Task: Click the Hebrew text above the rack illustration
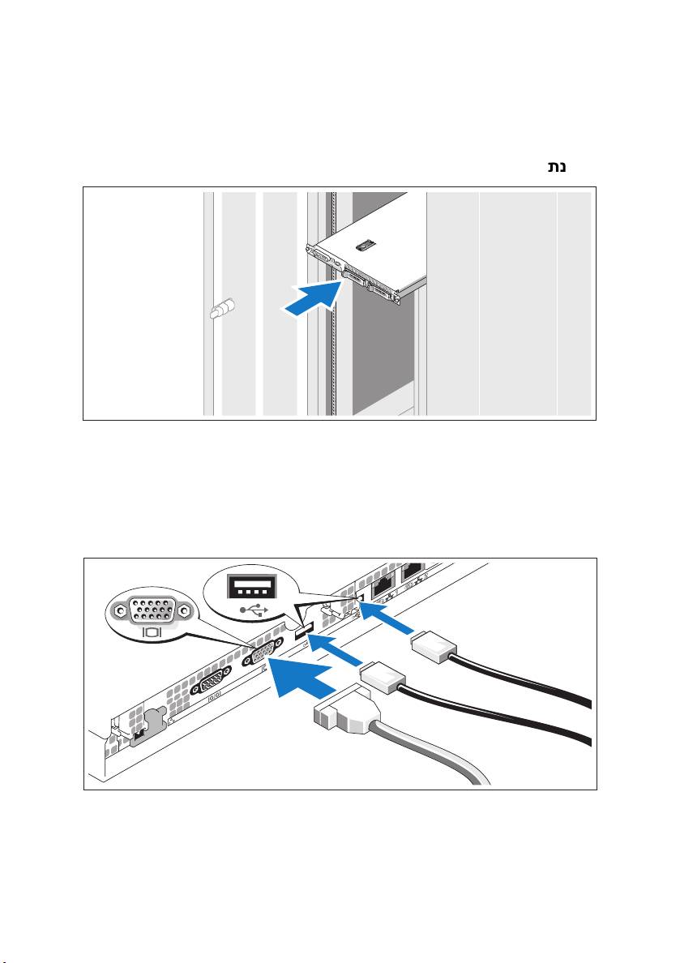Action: pos(557,166)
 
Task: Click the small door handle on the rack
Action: pos(222,308)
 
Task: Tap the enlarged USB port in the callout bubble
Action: pos(250,587)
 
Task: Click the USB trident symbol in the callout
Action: pos(250,610)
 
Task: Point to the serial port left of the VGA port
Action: pos(212,681)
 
